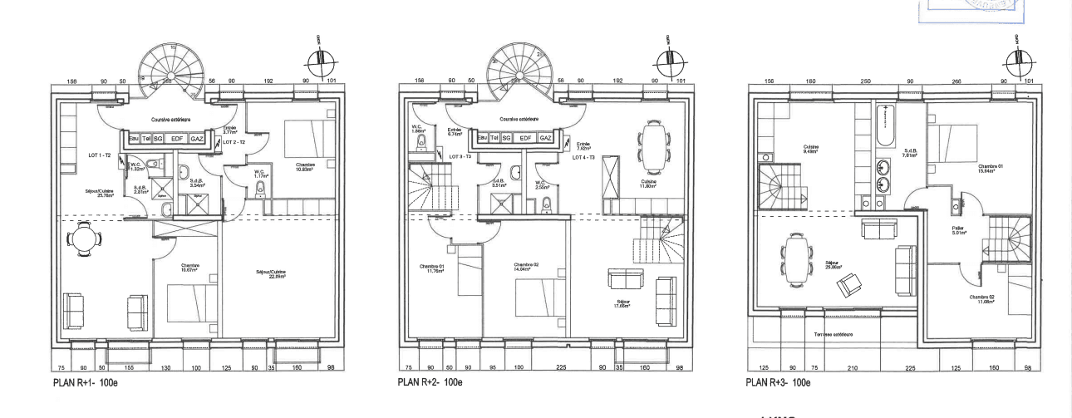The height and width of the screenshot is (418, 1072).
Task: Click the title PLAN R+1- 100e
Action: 87,382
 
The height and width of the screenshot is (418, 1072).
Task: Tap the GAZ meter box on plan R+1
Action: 198,140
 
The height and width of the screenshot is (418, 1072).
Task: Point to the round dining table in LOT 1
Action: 83,239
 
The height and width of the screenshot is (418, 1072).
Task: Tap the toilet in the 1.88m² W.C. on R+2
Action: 420,146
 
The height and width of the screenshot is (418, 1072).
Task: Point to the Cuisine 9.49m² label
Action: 811,150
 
